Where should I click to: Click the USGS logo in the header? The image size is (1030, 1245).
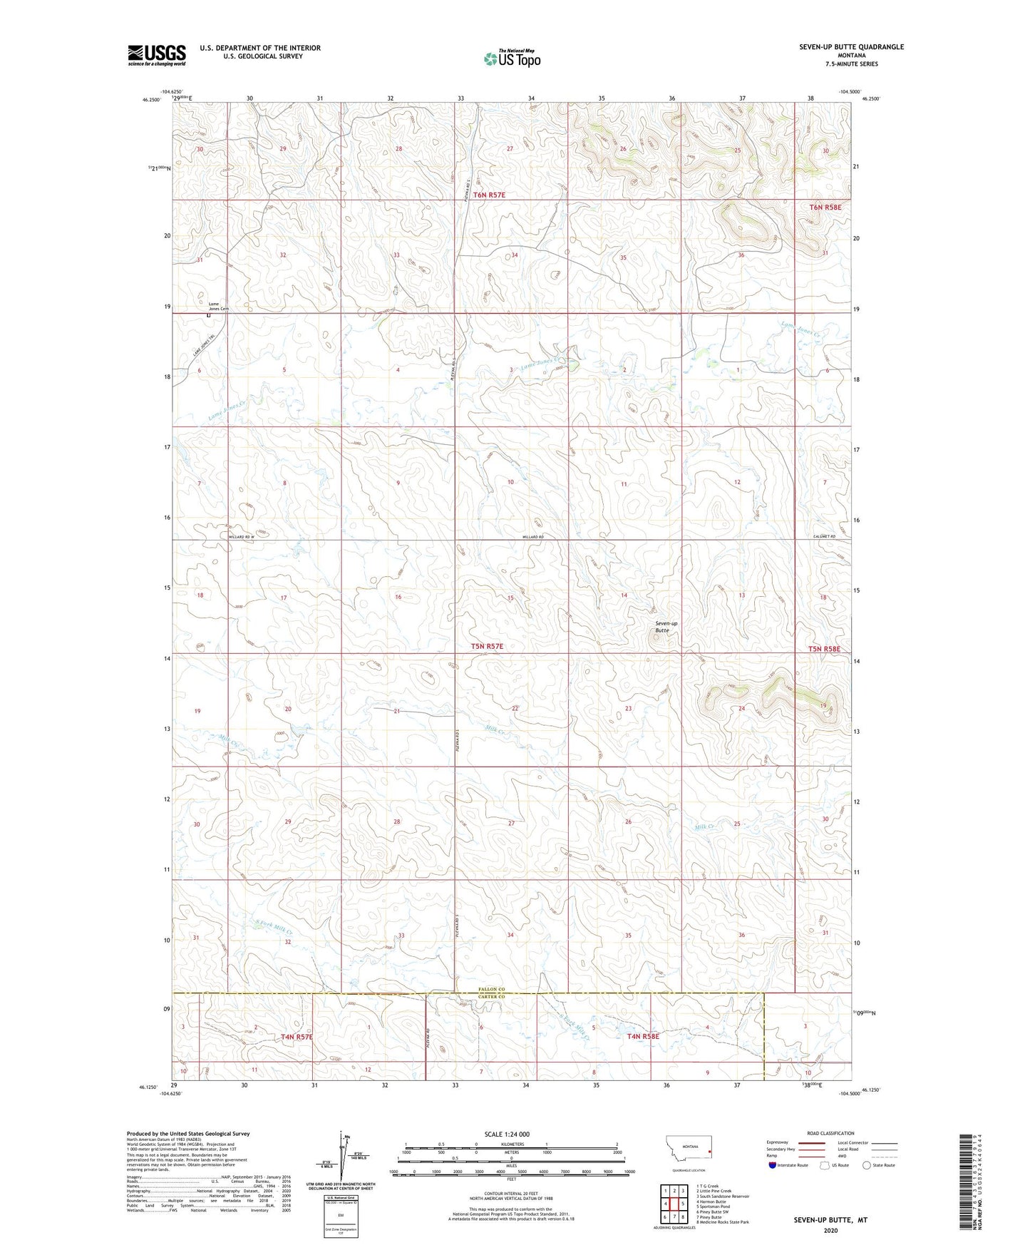click(x=157, y=55)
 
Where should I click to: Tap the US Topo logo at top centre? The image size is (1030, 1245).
click(x=513, y=58)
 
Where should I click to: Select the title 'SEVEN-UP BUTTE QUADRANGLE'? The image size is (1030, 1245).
click(x=851, y=47)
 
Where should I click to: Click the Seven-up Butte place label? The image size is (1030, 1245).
click(x=666, y=627)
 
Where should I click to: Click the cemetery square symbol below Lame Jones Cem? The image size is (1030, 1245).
click(x=208, y=314)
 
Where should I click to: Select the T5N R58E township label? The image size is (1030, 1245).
click(x=824, y=649)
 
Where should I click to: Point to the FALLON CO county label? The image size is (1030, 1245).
click(x=491, y=990)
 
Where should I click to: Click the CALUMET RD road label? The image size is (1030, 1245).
click(x=823, y=536)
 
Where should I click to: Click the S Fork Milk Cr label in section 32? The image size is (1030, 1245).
click(x=274, y=928)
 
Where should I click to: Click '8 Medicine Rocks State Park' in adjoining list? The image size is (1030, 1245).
click(x=722, y=1222)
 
